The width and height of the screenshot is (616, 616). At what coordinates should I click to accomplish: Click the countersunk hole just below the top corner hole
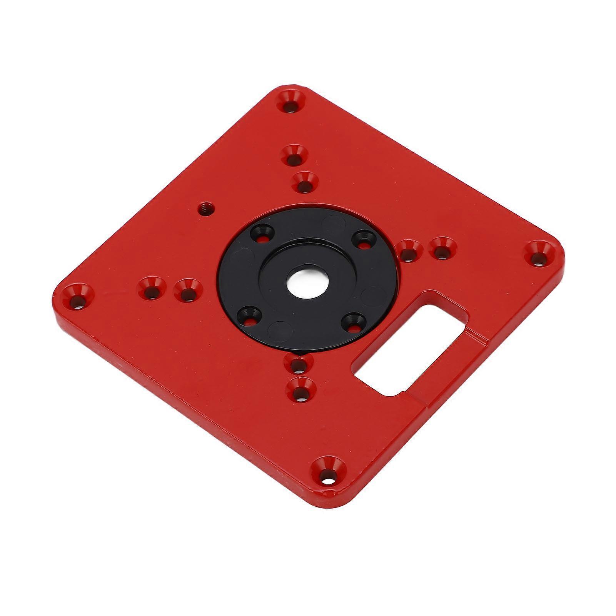[x=294, y=155]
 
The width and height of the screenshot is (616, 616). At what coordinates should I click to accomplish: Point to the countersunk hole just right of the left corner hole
[x=151, y=289]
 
